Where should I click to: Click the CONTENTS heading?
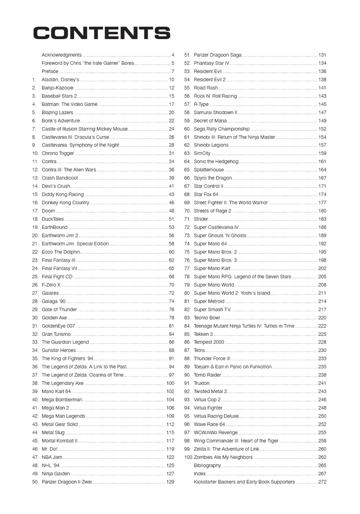(x=101, y=34)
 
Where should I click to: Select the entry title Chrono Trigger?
(x=58, y=153)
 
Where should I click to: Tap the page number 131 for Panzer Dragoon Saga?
(x=322, y=55)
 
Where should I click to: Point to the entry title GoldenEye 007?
(x=58, y=326)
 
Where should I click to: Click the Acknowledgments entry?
(x=61, y=55)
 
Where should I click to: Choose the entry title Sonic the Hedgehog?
(x=216, y=162)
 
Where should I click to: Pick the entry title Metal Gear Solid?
(x=60, y=424)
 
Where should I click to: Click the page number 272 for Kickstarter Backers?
(x=322, y=482)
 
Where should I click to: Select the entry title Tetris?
(x=199, y=350)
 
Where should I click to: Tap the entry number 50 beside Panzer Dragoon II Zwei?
(x=35, y=482)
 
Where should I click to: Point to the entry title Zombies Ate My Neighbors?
(x=223, y=457)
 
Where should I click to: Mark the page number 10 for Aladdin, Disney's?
(x=171, y=79)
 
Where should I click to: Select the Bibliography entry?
(x=207, y=465)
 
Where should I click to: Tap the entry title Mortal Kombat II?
(x=60, y=441)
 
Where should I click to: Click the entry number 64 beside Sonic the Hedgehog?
(x=187, y=162)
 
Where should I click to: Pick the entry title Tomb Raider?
(x=207, y=375)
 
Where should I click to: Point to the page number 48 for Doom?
(x=171, y=211)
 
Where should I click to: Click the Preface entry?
(x=50, y=71)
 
